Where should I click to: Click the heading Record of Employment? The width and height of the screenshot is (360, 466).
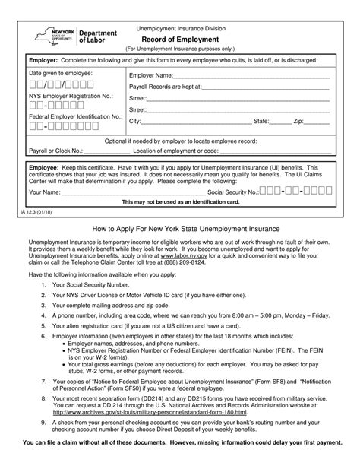tap(179, 40)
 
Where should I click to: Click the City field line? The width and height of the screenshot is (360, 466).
tap(196, 122)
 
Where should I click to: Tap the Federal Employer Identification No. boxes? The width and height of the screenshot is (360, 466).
tap(58, 126)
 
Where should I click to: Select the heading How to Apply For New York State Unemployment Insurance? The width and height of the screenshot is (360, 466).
tap(179, 228)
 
